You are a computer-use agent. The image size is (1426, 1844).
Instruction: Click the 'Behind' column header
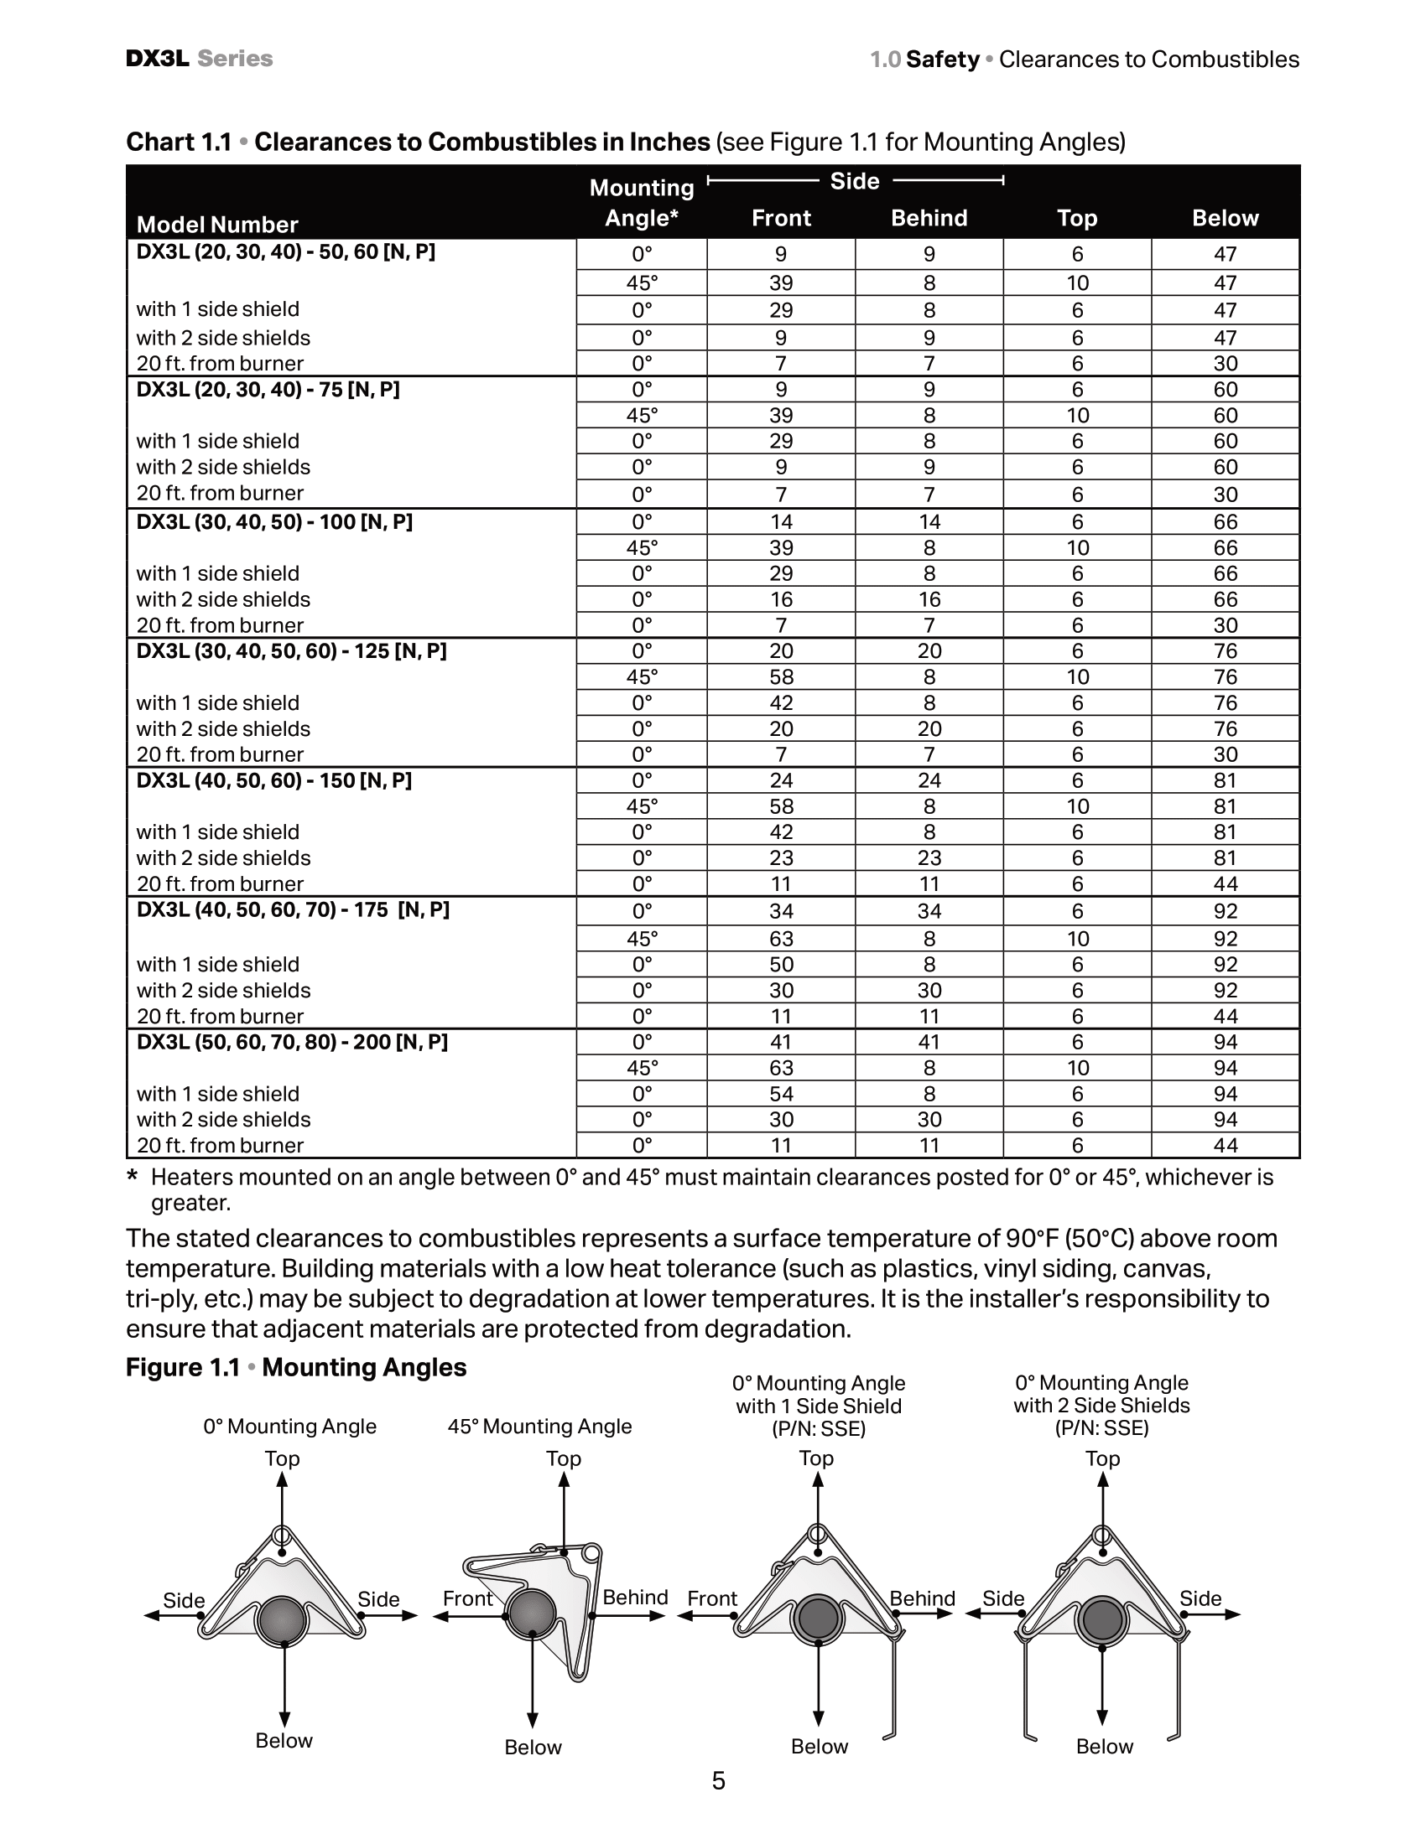(929, 218)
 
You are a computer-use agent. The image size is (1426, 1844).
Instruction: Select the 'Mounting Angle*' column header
(641, 203)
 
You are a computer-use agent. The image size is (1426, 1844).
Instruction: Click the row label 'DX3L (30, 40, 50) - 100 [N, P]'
(274, 522)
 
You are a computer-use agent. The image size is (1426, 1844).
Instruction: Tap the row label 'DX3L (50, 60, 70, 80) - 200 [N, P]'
(292, 1042)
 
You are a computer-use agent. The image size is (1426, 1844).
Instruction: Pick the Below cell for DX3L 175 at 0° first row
(1225, 911)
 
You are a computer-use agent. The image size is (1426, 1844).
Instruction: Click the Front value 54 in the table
(781, 1093)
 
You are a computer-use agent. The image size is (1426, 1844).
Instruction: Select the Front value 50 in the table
(781, 964)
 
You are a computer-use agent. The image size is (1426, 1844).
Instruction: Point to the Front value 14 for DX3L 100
(781, 522)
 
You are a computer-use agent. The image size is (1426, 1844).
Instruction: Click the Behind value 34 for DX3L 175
(929, 911)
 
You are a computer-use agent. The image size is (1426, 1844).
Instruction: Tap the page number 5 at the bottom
(718, 1780)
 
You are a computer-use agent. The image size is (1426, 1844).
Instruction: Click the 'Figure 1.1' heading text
(183, 1367)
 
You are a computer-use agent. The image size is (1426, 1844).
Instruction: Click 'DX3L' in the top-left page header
(157, 59)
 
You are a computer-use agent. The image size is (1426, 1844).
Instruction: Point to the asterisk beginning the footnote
(132, 1177)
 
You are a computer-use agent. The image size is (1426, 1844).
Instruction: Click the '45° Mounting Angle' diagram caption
(539, 1426)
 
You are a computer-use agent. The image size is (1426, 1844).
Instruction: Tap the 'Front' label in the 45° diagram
(467, 1598)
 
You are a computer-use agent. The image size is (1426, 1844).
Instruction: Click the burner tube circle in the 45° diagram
(531, 1614)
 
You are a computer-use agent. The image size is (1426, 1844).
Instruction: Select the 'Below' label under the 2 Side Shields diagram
(1103, 1746)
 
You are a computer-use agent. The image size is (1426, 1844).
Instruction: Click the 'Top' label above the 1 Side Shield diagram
(816, 1458)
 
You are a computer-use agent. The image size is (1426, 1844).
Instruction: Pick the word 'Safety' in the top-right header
(942, 60)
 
